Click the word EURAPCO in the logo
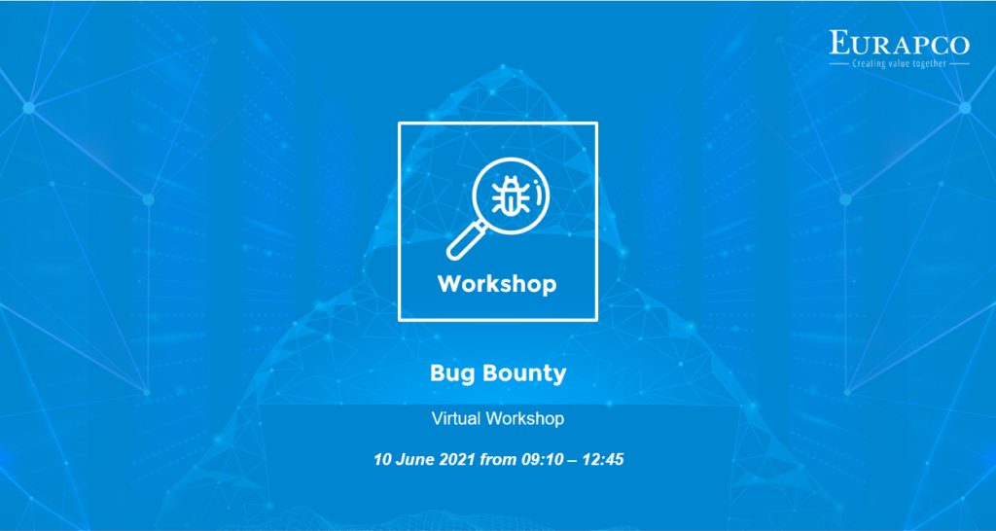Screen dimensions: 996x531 click(899, 43)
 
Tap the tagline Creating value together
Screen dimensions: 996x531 click(899, 63)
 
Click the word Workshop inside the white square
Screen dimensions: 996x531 click(497, 284)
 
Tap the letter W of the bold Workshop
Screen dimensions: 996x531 click(450, 283)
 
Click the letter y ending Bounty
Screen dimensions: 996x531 click(559, 377)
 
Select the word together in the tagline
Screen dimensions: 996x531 click(928, 64)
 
